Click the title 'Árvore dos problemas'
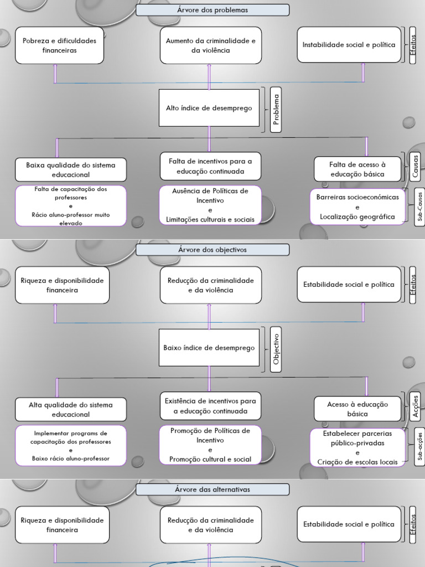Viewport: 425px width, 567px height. pyautogui.click(x=212, y=10)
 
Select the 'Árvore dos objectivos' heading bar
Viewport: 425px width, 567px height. pyautogui.click(x=212, y=250)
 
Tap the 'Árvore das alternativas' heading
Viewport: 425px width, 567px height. pyautogui.click(x=212, y=489)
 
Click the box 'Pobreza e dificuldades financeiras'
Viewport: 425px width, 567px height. pyautogui.click(x=59, y=45)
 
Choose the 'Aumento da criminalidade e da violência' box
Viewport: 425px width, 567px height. pyautogui.click(x=210, y=45)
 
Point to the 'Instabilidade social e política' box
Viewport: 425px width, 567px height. pyautogui.click(x=349, y=45)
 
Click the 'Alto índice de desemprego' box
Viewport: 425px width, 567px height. pyautogui.click(x=209, y=108)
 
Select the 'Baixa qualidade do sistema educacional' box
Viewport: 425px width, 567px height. pyautogui.click(x=70, y=169)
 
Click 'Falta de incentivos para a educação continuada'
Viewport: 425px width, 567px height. pyautogui.click(x=210, y=166)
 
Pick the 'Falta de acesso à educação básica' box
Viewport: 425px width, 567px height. pyautogui.click(x=357, y=169)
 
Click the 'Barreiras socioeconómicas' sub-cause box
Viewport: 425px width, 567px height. pyautogui.click(x=357, y=207)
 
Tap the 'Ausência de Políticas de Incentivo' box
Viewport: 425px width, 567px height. pyautogui.click(x=210, y=205)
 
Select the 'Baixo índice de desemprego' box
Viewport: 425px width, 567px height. pyautogui.click(x=209, y=348)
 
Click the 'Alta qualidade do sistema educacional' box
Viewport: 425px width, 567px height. pyautogui.click(x=70, y=409)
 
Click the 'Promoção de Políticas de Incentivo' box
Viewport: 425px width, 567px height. pyautogui.click(x=210, y=445)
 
